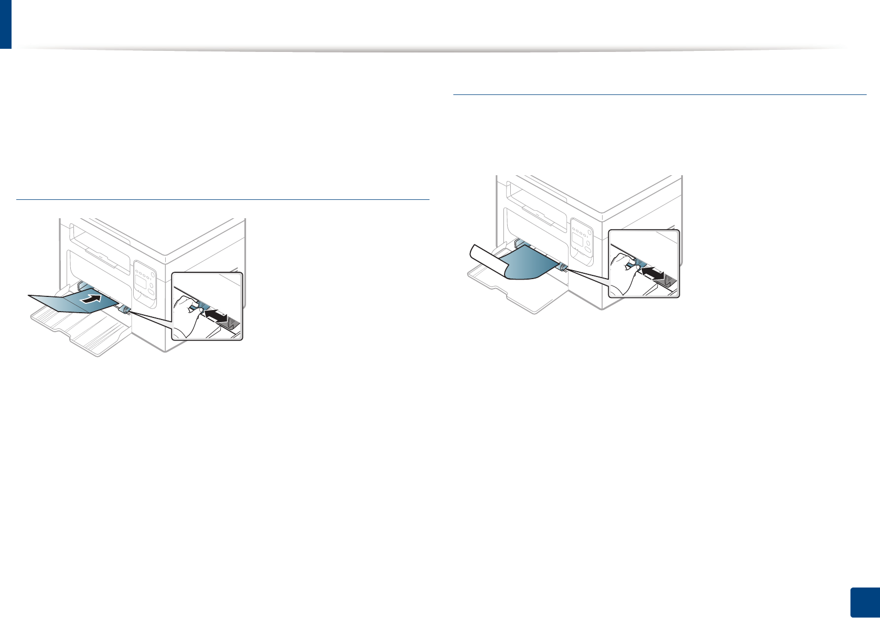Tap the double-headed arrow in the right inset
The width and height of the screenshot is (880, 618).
(653, 273)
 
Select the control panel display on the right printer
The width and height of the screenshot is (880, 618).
(577, 241)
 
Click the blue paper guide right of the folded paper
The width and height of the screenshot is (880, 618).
(125, 310)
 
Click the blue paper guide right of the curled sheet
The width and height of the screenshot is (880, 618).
(562, 268)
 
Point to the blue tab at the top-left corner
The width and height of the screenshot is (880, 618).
(5, 24)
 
